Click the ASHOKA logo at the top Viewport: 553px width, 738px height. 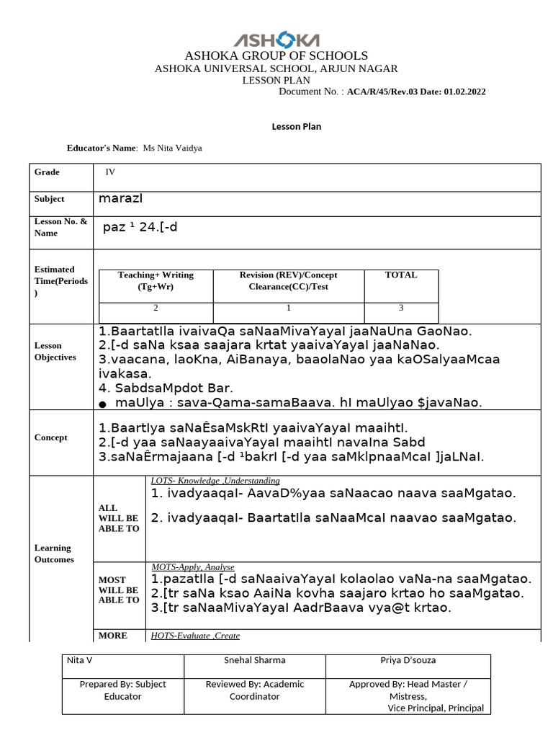coord(276,40)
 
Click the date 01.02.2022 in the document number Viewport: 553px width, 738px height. coord(464,92)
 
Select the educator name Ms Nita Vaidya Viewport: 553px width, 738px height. coord(173,148)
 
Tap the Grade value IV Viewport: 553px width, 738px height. coord(110,172)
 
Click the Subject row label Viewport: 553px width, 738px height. coord(49,199)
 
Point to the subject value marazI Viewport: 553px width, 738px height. coord(126,198)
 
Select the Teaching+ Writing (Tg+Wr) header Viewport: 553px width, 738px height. coord(156,280)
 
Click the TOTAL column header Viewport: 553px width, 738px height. coord(401,275)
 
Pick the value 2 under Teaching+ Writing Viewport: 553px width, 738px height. coord(156,308)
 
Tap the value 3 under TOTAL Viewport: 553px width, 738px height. coord(401,308)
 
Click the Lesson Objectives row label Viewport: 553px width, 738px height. coord(55,351)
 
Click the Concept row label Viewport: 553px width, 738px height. coord(50,437)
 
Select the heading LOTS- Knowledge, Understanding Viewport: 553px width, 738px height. coord(215,481)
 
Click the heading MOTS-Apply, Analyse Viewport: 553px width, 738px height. coord(193,567)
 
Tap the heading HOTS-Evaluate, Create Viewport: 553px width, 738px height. coord(195,636)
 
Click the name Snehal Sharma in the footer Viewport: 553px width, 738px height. coord(255,660)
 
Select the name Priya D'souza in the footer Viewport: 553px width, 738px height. coord(408,660)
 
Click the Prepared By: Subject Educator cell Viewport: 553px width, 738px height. coord(122,690)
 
